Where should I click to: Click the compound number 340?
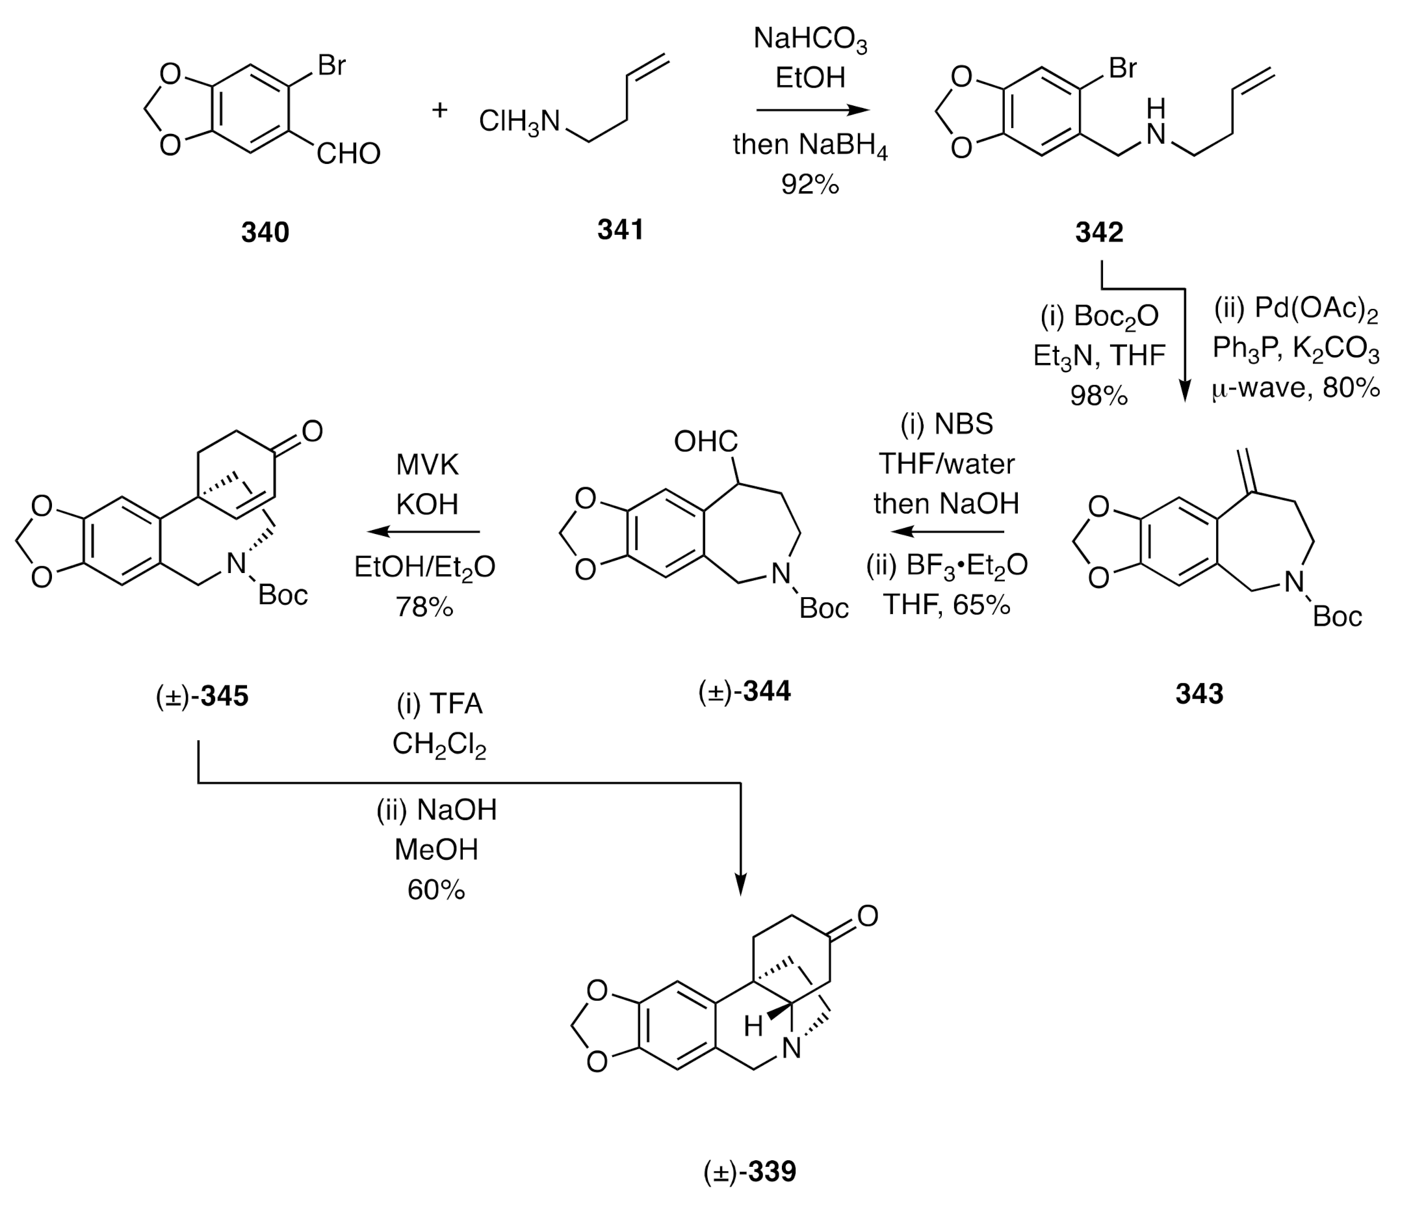[265, 233]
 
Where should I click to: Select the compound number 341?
[620, 230]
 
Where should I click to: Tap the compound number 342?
[1098, 233]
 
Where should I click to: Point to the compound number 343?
[1199, 694]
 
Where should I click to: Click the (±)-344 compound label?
[744, 691]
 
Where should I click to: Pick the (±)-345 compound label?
[202, 697]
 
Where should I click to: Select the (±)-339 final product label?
[749, 1172]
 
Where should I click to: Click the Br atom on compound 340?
[331, 66]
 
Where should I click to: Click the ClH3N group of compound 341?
[519, 122]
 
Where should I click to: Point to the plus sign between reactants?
[440, 109]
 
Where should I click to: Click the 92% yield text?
[809, 184]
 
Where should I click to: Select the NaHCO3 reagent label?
[809, 39]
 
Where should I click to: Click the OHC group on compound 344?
[705, 442]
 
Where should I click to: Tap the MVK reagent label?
[427, 465]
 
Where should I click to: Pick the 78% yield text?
[424, 607]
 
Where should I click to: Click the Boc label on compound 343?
[1336, 617]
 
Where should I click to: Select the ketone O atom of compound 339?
[868, 916]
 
